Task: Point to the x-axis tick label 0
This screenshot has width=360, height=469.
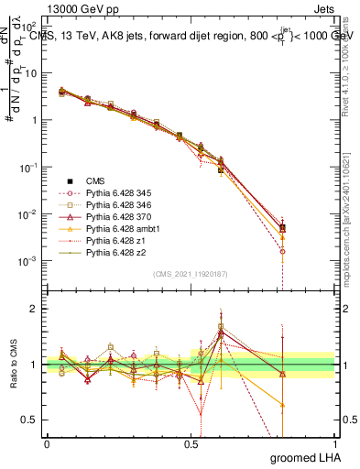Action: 47,442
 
